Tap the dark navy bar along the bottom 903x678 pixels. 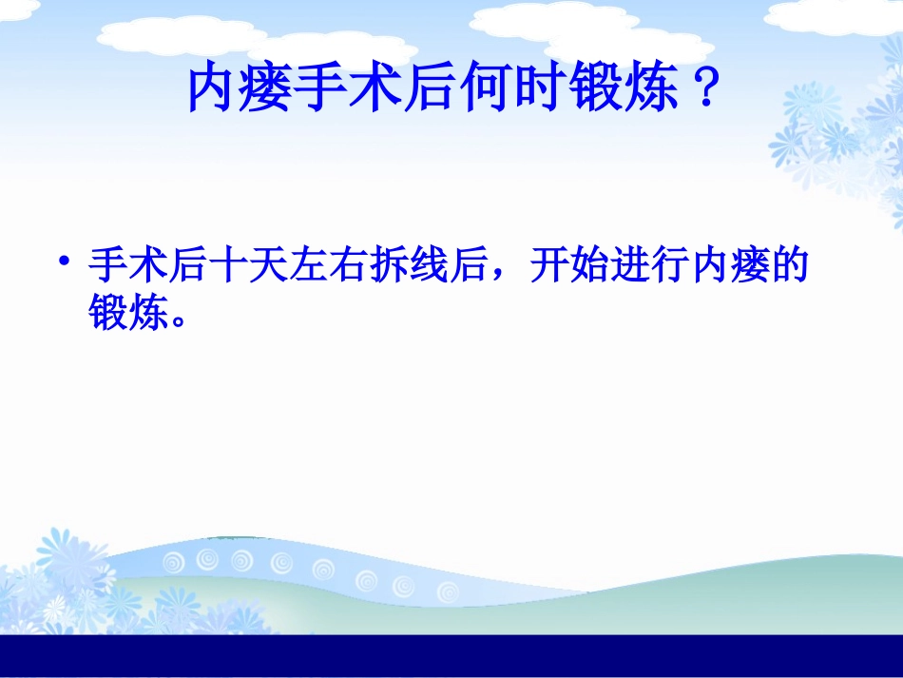451,656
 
